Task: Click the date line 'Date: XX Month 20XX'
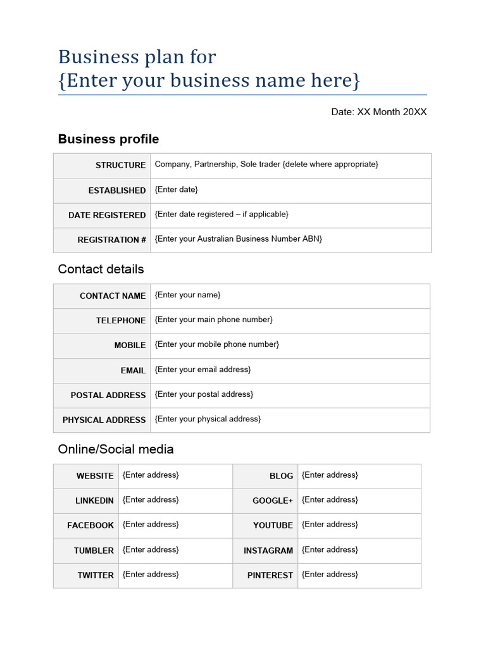379,112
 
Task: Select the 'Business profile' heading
108,139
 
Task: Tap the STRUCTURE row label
120,165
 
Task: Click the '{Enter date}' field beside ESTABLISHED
177,190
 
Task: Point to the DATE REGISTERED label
107,215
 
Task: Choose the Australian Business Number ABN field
239,239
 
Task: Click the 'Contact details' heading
101,269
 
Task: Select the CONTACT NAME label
113,296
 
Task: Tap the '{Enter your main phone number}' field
214,320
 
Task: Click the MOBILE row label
130,346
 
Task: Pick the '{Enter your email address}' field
202,370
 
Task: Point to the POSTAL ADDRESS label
108,395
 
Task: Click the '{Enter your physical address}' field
208,419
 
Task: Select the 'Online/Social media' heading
115,449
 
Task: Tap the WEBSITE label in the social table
95,476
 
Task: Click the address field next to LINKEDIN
151,500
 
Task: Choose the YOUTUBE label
273,525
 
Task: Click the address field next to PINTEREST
330,575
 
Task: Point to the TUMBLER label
94,551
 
